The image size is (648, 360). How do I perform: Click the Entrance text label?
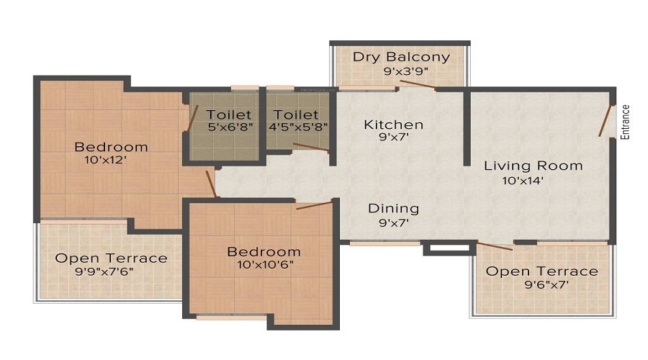[625, 122]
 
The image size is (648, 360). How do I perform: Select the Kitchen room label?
[393, 125]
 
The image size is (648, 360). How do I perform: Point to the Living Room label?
[533, 166]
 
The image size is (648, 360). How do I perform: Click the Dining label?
[393, 208]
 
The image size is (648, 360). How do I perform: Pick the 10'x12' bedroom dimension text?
[106, 161]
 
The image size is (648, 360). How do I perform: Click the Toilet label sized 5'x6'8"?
[229, 114]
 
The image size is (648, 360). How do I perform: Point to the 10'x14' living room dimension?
[523, 180]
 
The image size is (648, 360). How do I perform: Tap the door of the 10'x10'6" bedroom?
[314, 205]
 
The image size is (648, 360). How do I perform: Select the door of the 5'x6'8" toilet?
[192, 120]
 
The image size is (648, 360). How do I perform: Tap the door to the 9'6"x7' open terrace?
[495, 246]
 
